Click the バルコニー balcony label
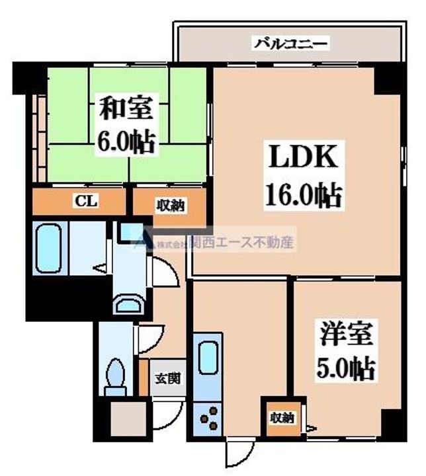click(292, 44)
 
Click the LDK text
click(303, 157)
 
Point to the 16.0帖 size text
click(304, 195)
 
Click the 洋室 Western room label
click(346, 335)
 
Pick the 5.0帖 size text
click(347, 369)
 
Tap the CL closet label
click(86, 201)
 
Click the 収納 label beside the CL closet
click(171, 206)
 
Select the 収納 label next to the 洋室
click(282, 418)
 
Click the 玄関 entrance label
click(168, 379)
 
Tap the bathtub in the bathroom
click(48, 248)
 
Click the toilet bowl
click(115, 375)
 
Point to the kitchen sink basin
click(208, 358)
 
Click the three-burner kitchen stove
click(208, 418)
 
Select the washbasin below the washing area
click(129, 303)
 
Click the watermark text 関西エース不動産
click(241, 243)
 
